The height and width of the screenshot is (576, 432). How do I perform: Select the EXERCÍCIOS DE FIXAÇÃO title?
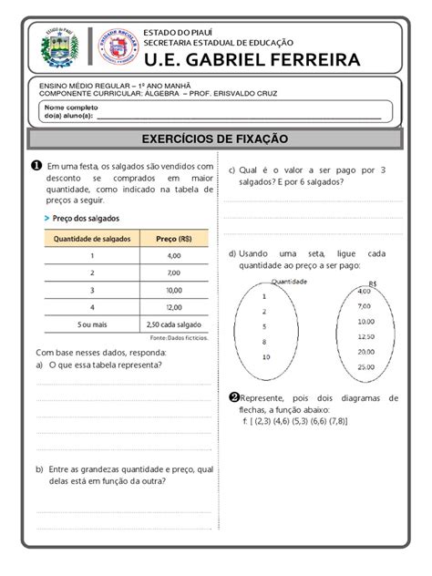[215, 139]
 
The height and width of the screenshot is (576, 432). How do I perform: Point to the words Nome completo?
[69, 108]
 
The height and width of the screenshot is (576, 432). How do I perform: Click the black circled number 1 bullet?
[36, 166]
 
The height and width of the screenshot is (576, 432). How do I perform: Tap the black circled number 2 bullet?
[234, 397]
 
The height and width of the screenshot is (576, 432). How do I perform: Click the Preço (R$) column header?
[173, 238]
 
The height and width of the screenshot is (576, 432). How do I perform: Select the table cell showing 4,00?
[174, 256]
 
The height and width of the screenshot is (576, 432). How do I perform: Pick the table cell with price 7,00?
[174, 273]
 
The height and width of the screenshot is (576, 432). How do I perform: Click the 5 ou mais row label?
[91, 324]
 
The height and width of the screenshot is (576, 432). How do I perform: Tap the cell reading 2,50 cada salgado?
[174, 324]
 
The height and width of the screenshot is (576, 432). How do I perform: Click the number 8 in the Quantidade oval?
[264, 342]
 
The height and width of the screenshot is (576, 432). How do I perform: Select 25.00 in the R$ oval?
[365, 366]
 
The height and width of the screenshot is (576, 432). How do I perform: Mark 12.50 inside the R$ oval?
[365, 336]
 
